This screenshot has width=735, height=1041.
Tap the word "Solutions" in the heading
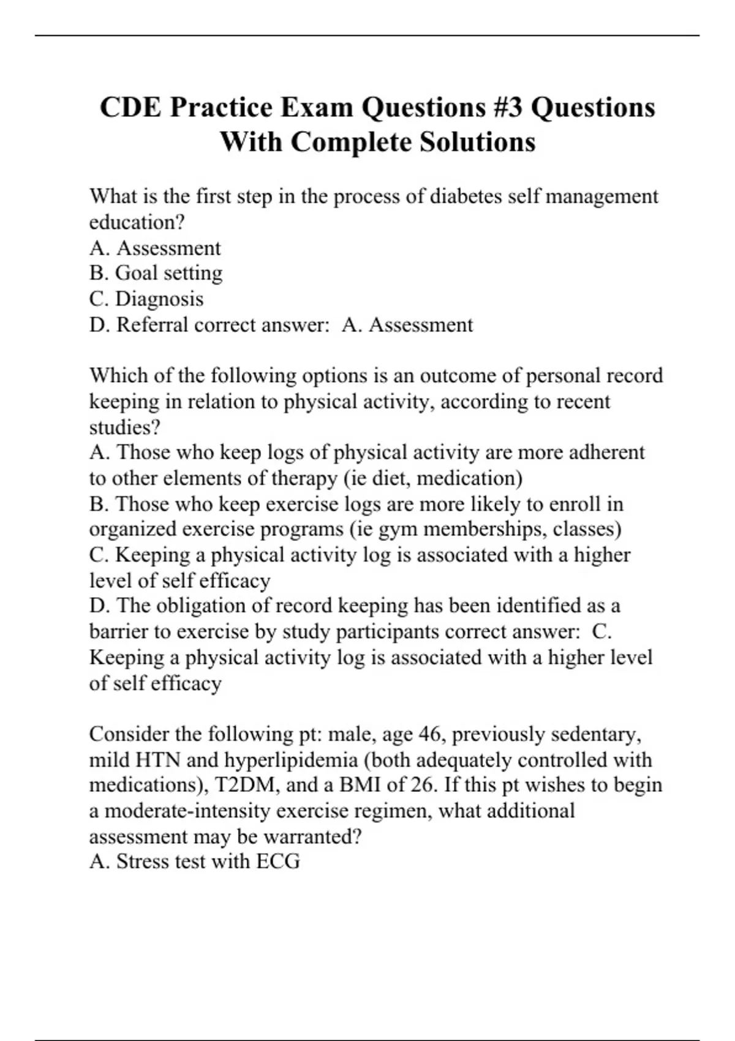point(477,142)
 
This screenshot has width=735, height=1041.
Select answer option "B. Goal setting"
point(156,273)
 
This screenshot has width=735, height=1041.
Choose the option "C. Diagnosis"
point(146,299)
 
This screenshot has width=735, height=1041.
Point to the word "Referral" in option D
point(153,325)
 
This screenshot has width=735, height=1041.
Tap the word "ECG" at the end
point(278,862)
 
